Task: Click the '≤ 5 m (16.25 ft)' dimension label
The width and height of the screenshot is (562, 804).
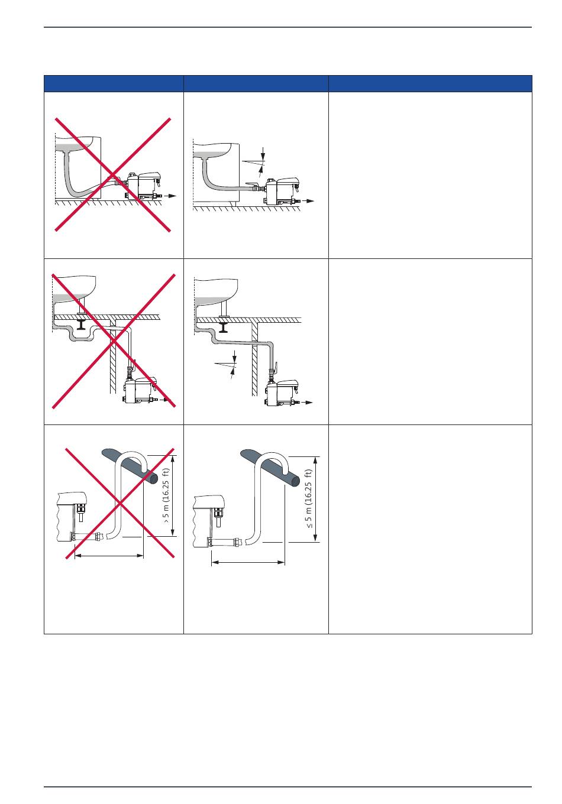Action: click(x=309, y=498)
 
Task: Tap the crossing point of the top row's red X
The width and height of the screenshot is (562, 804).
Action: click(x=113, y=175)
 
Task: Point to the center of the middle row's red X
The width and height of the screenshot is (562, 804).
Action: click(x=114, y=341)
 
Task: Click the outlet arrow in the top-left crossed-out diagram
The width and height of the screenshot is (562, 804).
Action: click(x=170, y=196)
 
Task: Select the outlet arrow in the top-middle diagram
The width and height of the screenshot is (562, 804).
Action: click(x=308, y=201)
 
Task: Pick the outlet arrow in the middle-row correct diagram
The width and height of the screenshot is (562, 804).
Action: click(x=306, y=403)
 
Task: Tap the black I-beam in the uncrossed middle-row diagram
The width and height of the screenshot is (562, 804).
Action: click(x=224, y=327)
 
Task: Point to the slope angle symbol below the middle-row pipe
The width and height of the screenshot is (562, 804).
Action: click(x=226, y=365)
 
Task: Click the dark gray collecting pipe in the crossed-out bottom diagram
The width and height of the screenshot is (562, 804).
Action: click(x=130, y=466)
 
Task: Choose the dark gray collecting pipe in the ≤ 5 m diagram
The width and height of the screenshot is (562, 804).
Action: click(x=270, y=467)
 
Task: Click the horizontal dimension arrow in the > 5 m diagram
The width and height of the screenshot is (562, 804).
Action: click(x=109, y=556)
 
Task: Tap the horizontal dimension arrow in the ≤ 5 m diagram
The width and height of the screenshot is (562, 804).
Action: click(x=248, y=562)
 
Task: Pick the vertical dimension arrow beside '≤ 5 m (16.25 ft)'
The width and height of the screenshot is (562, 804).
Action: click(x=316, y=499)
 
